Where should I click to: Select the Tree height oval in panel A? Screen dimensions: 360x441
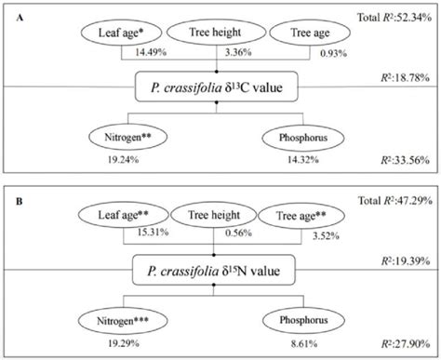click(x=216, y=33)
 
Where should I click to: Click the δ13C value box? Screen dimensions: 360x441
click(x=216, y=89)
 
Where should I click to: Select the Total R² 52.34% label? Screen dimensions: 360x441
click(x=397, y=17)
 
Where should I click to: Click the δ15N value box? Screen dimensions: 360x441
click(x=216, y=271)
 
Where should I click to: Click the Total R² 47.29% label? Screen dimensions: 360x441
click(x=397, y=199)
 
